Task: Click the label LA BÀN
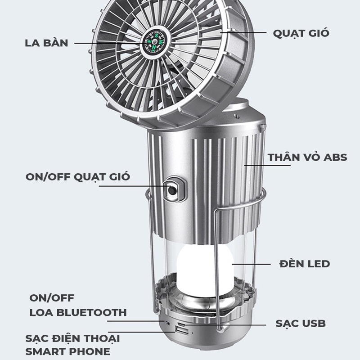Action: [x=46, y=43]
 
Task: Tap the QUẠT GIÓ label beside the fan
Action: [x=301, y=33]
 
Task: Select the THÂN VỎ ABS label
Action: [x=307, y=157]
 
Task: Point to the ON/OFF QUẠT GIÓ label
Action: [x=78, y=176]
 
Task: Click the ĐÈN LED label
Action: [x=304, y=263]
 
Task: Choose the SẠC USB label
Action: [x=300, y=323]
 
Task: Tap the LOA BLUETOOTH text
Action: [x=78, y=312]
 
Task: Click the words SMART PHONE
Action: [x=67, y=351]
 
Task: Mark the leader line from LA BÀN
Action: [x=108, y=43]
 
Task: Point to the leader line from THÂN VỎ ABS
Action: [x=256, y=165]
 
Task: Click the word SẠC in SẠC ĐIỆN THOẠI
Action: [x=38, y=338]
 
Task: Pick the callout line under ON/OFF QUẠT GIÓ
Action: [x=130, y=186]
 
